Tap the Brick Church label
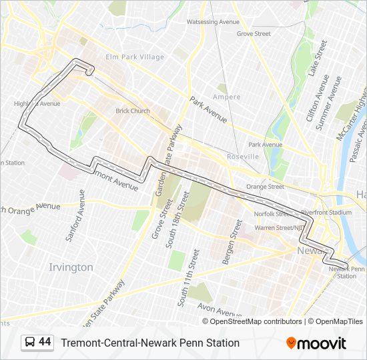[132, 111]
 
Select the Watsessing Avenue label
[213, 22]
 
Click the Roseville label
[243, 156]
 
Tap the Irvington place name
[71, 267]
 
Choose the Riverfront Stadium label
[326, 213]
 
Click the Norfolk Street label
[273, 214]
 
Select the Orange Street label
[265, 187]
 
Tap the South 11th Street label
[189, 278]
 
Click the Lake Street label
[318, 60]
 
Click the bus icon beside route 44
[30, 343]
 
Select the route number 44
[45, 342]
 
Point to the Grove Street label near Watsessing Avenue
[254, 33]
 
